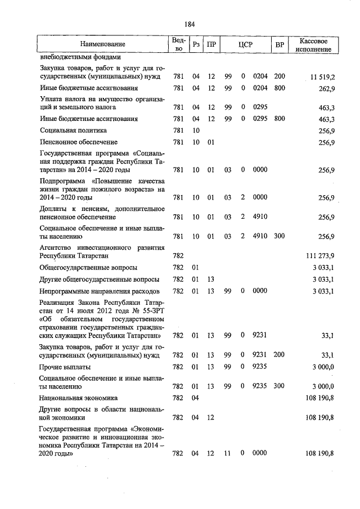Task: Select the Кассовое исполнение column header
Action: tap(318, 44)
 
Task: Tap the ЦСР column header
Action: tap(244, 44)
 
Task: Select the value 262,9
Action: tap(326, 88)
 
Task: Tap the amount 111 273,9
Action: tap(320, 255)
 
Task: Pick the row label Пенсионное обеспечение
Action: tap(78, 142)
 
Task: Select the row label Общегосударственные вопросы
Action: tap(88, 267)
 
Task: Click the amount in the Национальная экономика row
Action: tap(320, 398)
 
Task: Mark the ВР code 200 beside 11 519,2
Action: tap(280, 76)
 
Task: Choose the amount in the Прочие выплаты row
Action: tap(323, 366)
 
